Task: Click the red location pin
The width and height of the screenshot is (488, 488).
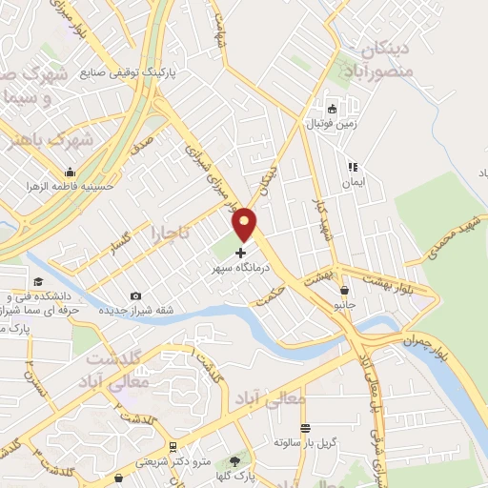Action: [x=245, y=223]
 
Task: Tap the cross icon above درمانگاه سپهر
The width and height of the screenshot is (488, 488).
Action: [x=239, y=254]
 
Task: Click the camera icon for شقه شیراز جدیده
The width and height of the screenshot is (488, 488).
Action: [x=135, y=296]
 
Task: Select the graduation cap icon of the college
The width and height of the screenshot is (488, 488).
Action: [x=37, y=281]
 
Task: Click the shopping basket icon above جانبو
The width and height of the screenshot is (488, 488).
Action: [x=343, y=291]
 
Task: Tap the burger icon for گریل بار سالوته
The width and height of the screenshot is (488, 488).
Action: [x=305, y=428]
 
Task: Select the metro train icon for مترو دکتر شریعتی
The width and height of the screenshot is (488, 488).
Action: [x=172, y=446]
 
